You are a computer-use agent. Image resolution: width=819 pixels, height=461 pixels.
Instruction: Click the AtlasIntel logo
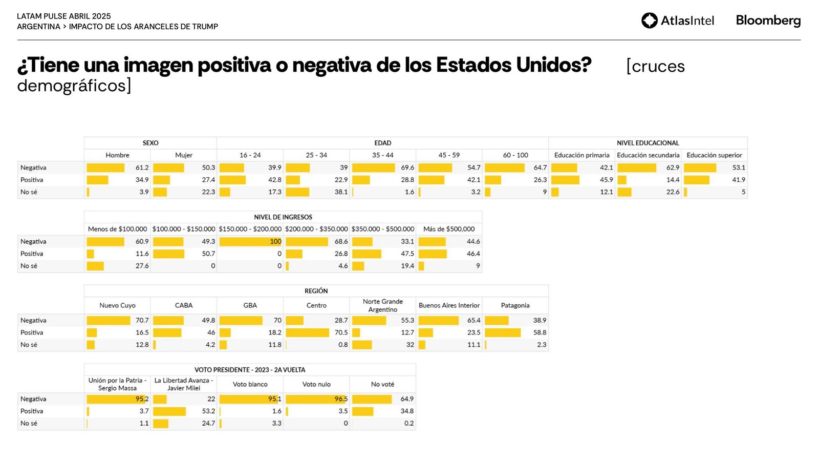coord(677,20)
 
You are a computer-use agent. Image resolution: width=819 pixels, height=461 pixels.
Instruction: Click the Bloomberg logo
coord(768,20)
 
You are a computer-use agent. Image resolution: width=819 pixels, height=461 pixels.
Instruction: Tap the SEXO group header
coord(150,143)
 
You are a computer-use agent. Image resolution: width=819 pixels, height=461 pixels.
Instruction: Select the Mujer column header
coord(184,155)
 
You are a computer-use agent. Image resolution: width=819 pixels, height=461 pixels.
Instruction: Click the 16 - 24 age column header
coord(250,155)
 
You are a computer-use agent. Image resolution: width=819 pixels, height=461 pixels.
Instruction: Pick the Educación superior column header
coord(714,155)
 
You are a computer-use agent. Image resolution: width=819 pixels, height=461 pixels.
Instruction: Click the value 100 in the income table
coord(275,241)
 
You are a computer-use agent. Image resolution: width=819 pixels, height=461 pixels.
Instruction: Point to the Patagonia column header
coord(515,305)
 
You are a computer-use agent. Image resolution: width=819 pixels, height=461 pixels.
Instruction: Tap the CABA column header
coord(184,305)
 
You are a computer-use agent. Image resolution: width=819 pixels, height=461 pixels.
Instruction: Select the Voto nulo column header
coord(316,384)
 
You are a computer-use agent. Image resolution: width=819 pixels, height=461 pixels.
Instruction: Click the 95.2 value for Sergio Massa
coord(142,399)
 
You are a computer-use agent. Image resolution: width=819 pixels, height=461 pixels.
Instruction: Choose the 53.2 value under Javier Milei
coord(208,411)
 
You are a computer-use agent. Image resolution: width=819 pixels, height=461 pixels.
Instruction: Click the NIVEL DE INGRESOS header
coord(283,217)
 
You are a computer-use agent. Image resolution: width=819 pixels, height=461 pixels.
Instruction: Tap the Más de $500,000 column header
coord(449,229)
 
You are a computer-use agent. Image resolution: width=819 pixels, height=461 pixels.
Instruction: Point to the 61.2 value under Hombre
coord(142,167)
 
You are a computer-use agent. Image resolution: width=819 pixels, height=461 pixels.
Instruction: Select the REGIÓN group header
coord(316,291)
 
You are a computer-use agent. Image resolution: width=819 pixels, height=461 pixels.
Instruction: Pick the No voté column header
coord(382,384)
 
